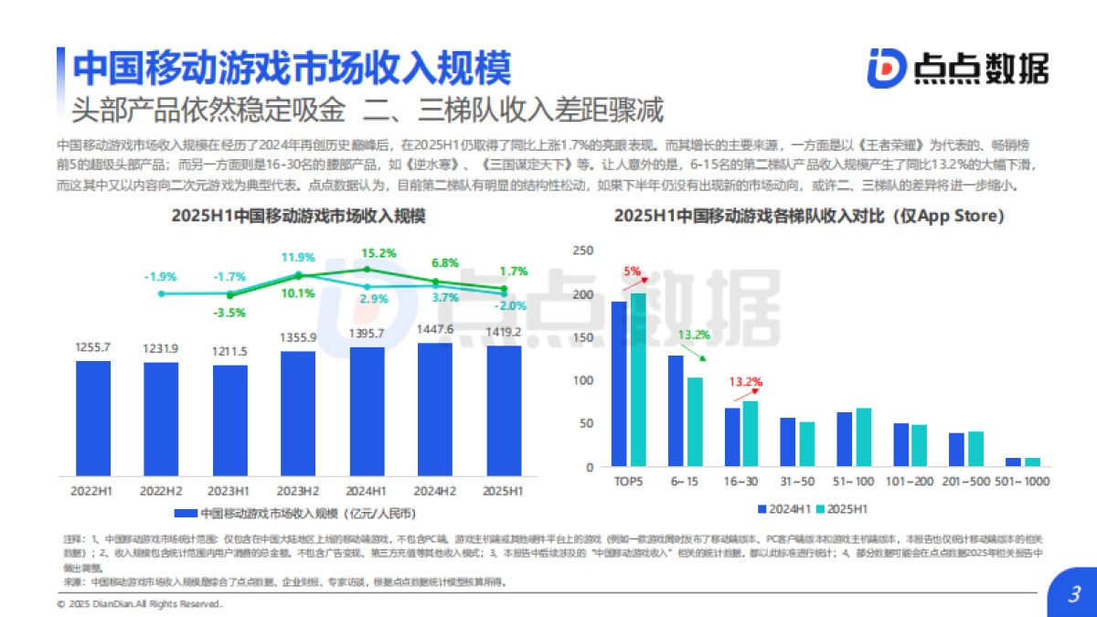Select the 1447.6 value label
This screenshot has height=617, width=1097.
435,329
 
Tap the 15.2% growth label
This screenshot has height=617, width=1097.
378,253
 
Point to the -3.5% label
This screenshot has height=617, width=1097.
230,313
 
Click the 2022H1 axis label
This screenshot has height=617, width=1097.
92,491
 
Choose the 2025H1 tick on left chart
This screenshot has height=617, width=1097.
503,491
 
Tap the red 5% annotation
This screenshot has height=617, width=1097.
632,271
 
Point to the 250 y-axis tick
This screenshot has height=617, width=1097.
582,251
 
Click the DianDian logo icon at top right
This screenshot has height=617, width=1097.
886,67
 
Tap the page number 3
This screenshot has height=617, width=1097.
1074,595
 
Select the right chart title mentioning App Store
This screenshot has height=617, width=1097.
808,217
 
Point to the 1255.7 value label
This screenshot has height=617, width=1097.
92,347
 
